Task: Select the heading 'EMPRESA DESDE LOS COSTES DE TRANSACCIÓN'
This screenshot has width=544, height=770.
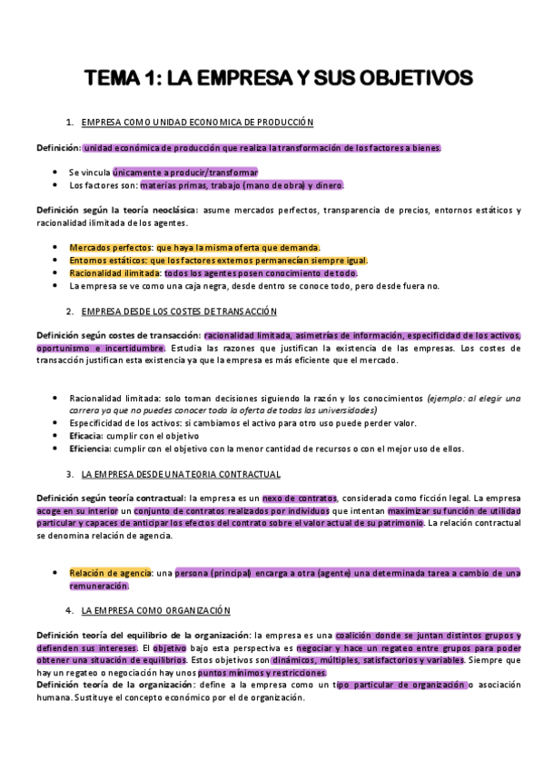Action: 179,311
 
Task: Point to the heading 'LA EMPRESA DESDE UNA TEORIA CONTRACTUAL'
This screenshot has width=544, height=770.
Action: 181,474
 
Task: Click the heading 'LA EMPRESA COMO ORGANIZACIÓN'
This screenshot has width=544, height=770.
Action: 155,610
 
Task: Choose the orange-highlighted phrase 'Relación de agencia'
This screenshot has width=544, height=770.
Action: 110,573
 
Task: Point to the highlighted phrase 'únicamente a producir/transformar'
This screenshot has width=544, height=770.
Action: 185,172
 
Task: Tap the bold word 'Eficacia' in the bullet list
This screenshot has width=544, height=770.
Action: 87,436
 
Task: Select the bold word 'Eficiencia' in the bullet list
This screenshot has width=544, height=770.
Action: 91,449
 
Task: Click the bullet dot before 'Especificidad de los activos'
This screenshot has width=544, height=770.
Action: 58,423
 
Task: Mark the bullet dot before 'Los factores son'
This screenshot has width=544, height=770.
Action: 58,185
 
